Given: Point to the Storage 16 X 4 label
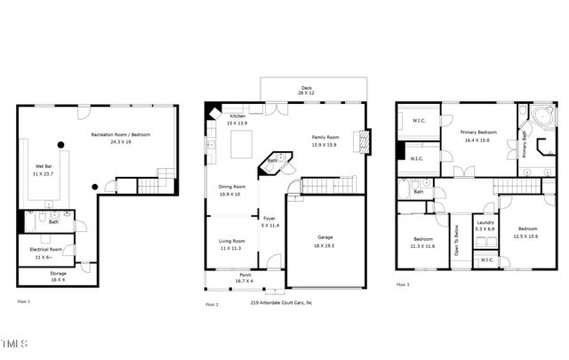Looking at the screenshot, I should (x=59, y=276).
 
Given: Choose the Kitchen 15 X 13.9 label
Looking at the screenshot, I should (x=238, y=121).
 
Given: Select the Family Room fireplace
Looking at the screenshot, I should (x=360, y=141).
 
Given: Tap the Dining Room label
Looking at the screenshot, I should (x=231, y=189).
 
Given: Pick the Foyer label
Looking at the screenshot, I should (x=268, y=222).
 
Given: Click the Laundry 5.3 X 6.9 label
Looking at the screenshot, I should (x=485, y=226).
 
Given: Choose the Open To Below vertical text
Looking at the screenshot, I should (x=457, y=239).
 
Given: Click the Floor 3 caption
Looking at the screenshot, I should (x=403, y=285).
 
